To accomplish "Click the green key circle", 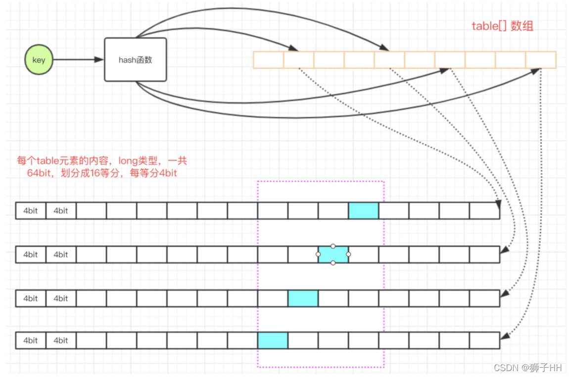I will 39,60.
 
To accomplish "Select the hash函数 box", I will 135,60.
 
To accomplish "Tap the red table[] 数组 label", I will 502,26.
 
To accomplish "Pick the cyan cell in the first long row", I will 363,211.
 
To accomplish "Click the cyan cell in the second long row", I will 333,254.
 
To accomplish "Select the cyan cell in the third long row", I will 303,298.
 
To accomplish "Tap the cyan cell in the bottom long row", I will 273,341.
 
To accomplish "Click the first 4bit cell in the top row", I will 31,211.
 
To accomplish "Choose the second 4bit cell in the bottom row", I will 61,341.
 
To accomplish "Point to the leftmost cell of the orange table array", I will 268,60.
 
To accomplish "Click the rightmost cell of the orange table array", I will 541,60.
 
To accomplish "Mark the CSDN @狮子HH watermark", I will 527,368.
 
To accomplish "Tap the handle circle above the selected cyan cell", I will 333,246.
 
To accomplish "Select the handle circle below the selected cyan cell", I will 333,263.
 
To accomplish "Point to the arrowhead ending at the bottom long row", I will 504,337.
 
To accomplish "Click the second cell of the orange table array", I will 298,60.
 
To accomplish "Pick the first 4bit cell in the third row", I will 31,298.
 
